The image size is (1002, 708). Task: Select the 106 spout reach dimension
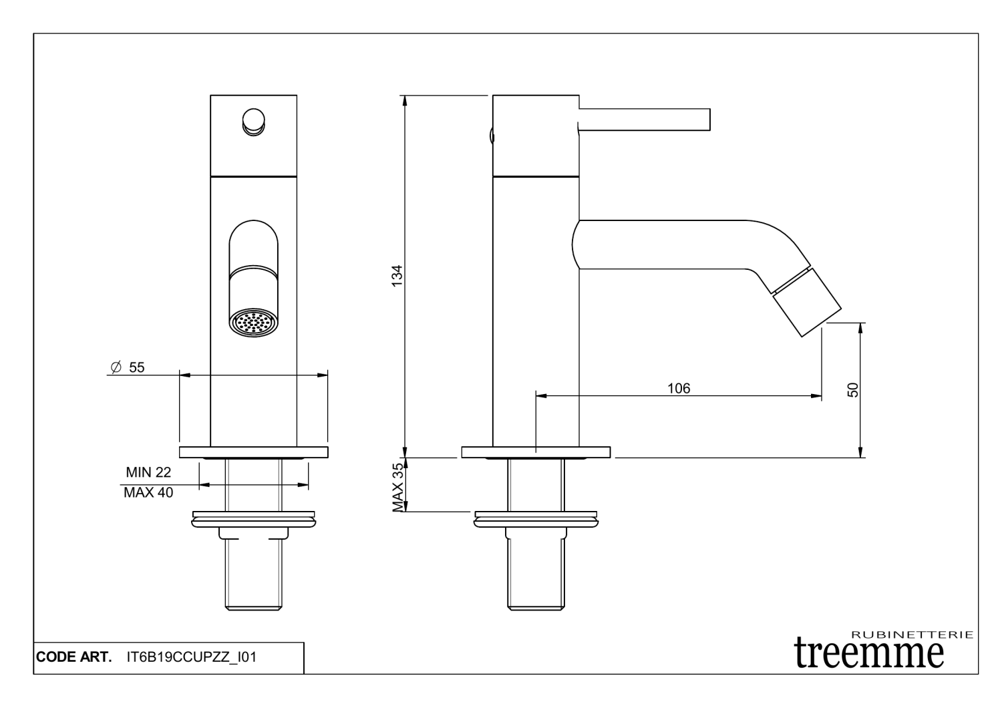tap(678, 388)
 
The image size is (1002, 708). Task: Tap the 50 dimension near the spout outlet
tap(853, 390)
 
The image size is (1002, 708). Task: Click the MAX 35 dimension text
tap(399, 487)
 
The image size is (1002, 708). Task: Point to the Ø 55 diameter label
tap(127, 367)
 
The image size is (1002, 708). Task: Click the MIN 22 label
tap(148, 473)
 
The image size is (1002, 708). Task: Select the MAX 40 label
tap(148, 493)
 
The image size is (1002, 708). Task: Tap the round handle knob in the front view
tap(253, 122)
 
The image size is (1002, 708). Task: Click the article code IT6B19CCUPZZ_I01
tap(191, 657)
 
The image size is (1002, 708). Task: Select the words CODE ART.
tap(73, 657)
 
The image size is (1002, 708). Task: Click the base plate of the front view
tap(253, 452)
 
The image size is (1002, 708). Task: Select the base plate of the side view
tap(536, 452)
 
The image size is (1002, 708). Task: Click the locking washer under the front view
tap(253, 518)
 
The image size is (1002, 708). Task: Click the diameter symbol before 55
tap(114, 367)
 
